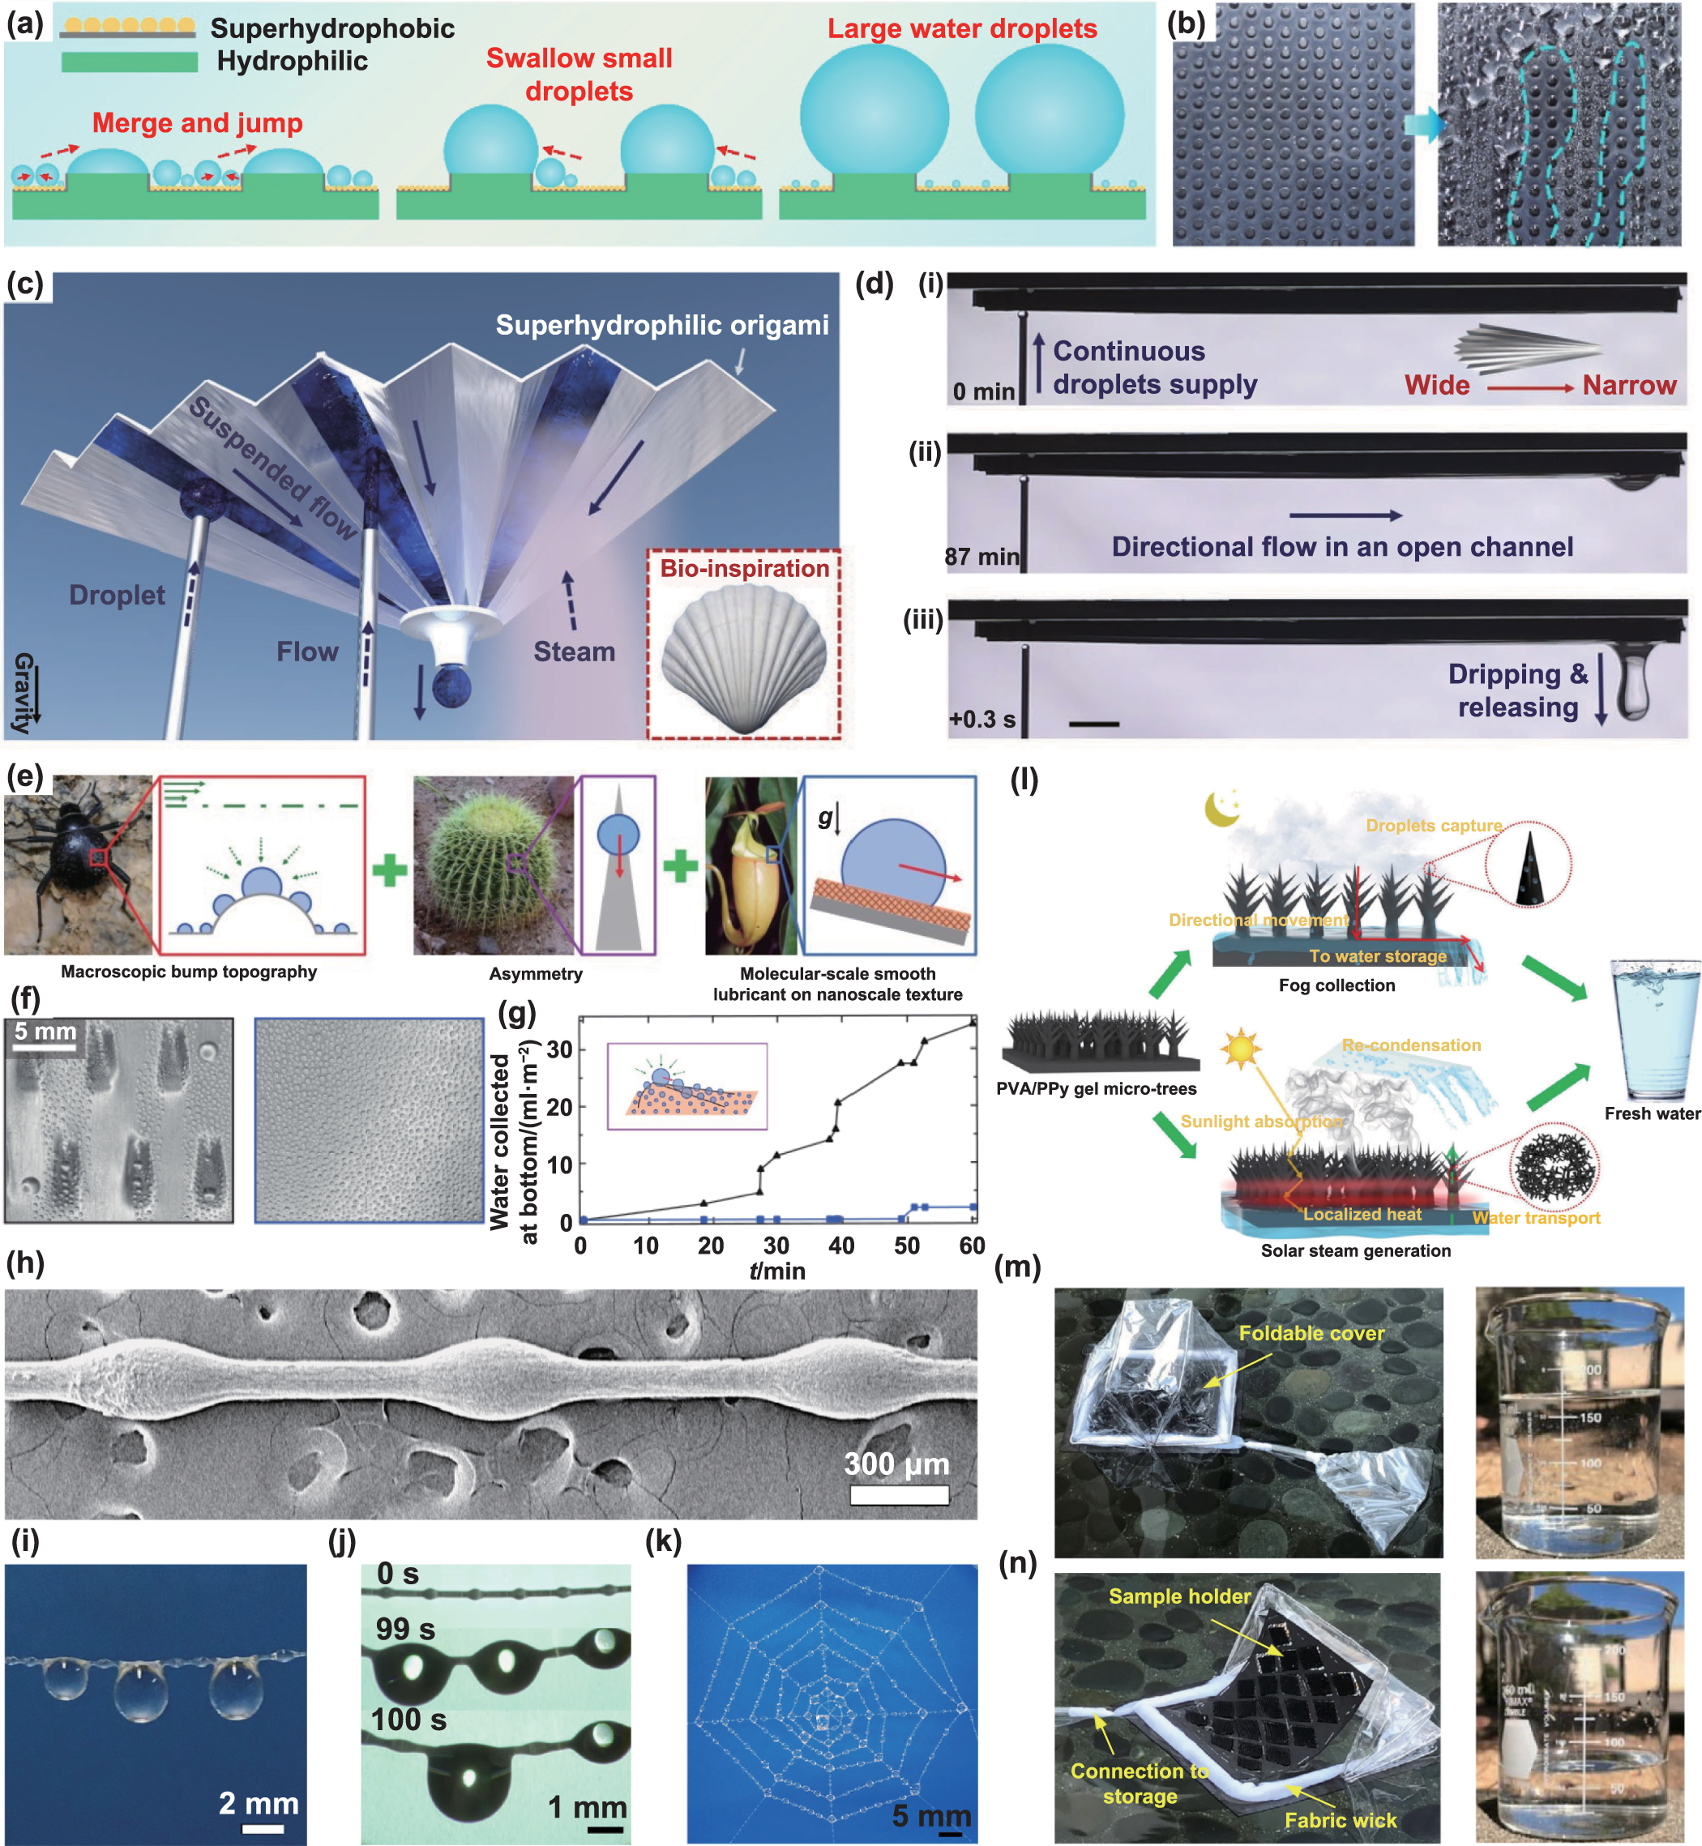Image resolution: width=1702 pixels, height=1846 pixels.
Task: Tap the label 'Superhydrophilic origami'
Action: [661, 325]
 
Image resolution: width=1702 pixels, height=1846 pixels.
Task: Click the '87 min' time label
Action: [981, 556]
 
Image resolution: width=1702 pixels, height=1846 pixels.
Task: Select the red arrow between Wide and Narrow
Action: [1530, 387]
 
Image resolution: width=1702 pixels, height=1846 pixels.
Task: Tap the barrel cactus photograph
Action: [493, 865]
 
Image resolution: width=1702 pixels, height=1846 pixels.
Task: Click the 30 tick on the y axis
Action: [559, 1049]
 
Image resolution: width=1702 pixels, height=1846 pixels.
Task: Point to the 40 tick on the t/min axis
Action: [841, 1246]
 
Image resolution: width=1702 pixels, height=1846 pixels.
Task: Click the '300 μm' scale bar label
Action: [896, 1463]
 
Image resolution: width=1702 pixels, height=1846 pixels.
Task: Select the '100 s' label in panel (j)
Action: [409, 1720]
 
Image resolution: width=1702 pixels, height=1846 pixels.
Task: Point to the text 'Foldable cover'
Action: [1311, 1333]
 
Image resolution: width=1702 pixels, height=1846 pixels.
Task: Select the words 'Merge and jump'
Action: [197, 123]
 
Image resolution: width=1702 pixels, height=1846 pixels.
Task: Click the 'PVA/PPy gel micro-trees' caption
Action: [1096, 1088]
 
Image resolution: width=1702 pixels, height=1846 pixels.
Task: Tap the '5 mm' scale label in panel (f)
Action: [45, 1031]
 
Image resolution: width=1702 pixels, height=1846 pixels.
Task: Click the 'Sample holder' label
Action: [1179, 1596]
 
